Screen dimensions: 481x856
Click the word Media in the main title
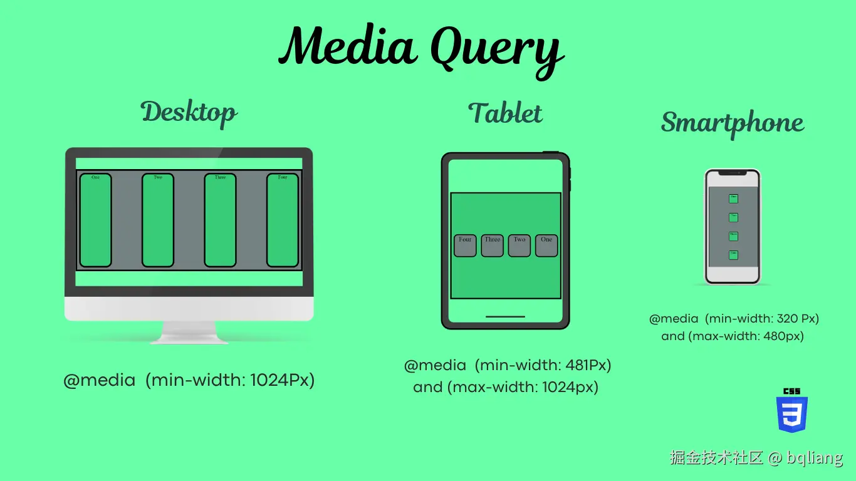coord(347,46)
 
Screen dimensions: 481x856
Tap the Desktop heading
coord(189,113)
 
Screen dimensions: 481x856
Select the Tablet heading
coord(505,113)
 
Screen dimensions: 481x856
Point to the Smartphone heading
coord(732,123)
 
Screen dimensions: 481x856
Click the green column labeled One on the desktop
coord(95,220)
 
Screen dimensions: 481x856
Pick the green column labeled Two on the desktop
coord(157,220)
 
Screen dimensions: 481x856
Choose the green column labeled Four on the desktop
coord(283,220)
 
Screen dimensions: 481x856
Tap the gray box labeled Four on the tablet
coord(465,246)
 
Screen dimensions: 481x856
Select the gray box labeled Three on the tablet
coord(492,246)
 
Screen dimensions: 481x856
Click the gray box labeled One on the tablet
coord(546,246)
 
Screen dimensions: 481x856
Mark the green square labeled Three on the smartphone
coord(733,236)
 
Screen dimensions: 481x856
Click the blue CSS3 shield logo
coord(792,413)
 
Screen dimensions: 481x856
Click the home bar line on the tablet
coord(505,316)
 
